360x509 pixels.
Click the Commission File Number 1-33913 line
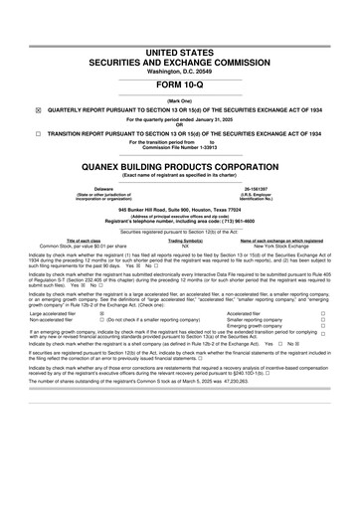pos(179,147)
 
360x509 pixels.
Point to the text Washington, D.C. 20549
pos(180,45)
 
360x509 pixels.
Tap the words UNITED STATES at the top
pos(180,21)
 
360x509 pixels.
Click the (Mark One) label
pos(180,100)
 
